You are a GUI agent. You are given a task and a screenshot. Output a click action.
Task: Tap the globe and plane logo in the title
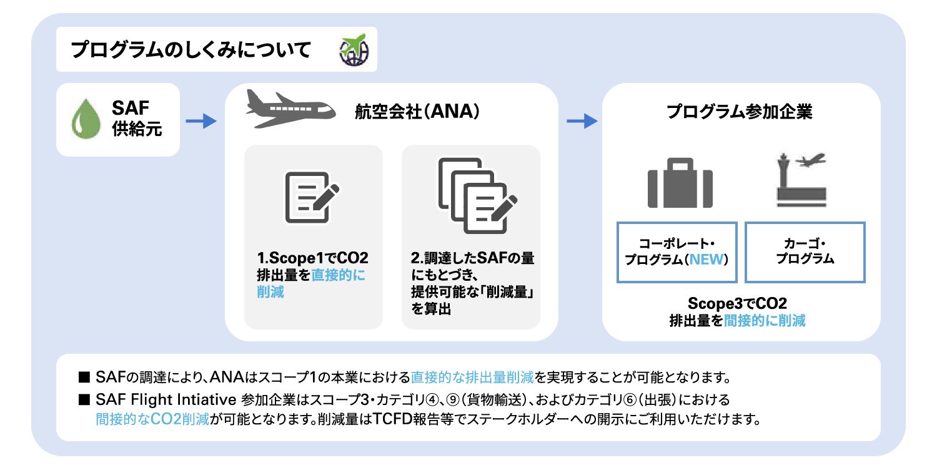click(x=354, y=50)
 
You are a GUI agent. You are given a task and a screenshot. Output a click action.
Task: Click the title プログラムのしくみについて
click(x=191, y=50)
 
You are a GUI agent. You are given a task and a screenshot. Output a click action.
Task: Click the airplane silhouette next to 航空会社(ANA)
click(x=288, y=109)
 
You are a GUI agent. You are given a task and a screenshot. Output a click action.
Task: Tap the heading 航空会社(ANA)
click(x=417, y=113)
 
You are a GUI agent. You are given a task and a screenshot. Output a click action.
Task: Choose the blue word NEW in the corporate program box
click(x=704, y=260)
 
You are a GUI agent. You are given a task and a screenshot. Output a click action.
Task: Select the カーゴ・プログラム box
click(x=805, y=251)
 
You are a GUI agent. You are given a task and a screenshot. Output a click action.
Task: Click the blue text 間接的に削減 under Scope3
click(x=765, y=321)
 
